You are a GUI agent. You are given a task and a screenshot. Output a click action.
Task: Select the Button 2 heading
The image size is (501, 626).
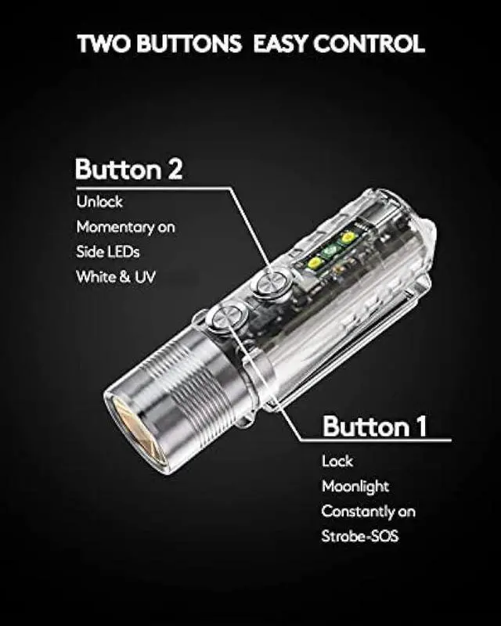pos(128,169)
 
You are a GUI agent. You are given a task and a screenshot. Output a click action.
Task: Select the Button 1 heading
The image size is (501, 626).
pos(375,426)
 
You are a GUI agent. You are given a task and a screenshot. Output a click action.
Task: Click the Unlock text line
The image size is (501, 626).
pos(99,202)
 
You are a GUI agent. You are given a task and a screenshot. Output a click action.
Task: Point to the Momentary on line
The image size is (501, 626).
pos(125,227)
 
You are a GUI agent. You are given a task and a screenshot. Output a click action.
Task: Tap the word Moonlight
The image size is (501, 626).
pos(355,487)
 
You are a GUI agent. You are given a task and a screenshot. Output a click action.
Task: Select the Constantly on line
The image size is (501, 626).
pos(369,512)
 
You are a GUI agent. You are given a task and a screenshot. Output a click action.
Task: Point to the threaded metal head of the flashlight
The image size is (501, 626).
pos(168,383)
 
